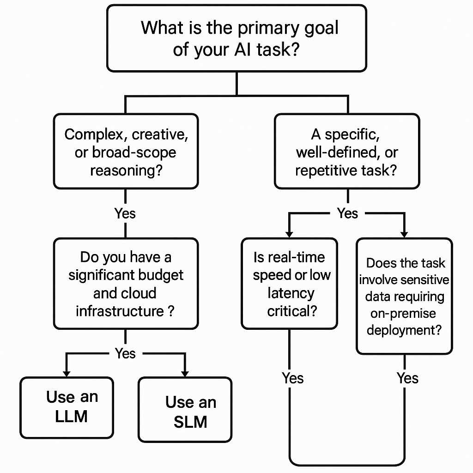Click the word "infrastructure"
pyautogui.click(x=119, y=311)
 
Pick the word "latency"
pyautogui.click(x=291, y=293)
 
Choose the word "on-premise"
pyautogui.click(x=403, y=314)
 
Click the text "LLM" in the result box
pyautogui.click(x=71, y=416)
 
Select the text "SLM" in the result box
pyautogui.click(x=190, y=422)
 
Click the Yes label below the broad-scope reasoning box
pyautogui.click(x=125, y=213)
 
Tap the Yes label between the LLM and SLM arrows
pyautogui.click(x=125, y=353)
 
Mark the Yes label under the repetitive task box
pyautogui.click(x=347, y=213)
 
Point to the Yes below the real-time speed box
pyautogui.click(x=293, y=378)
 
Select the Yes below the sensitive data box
pyautogui.click(x=407, y=378)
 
